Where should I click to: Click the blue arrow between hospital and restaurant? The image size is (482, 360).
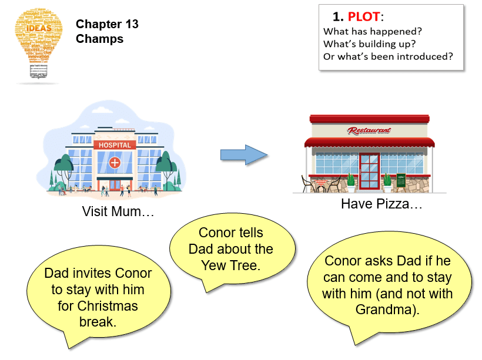pos(243,155)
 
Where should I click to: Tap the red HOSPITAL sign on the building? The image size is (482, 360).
pos(115,145)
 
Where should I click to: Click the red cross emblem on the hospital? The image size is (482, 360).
pos(115,162)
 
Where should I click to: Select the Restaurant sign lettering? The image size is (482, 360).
pos(369,130)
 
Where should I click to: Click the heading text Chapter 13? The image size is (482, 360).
pos(107,24)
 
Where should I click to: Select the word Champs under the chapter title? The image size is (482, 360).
pos(99,39)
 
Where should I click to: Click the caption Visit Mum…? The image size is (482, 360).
pos(118,211)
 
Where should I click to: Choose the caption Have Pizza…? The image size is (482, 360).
pos(381,204)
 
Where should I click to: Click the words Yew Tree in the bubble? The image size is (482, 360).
pos(230,265)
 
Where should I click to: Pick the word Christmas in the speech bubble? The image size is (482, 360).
pos(108,306)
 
